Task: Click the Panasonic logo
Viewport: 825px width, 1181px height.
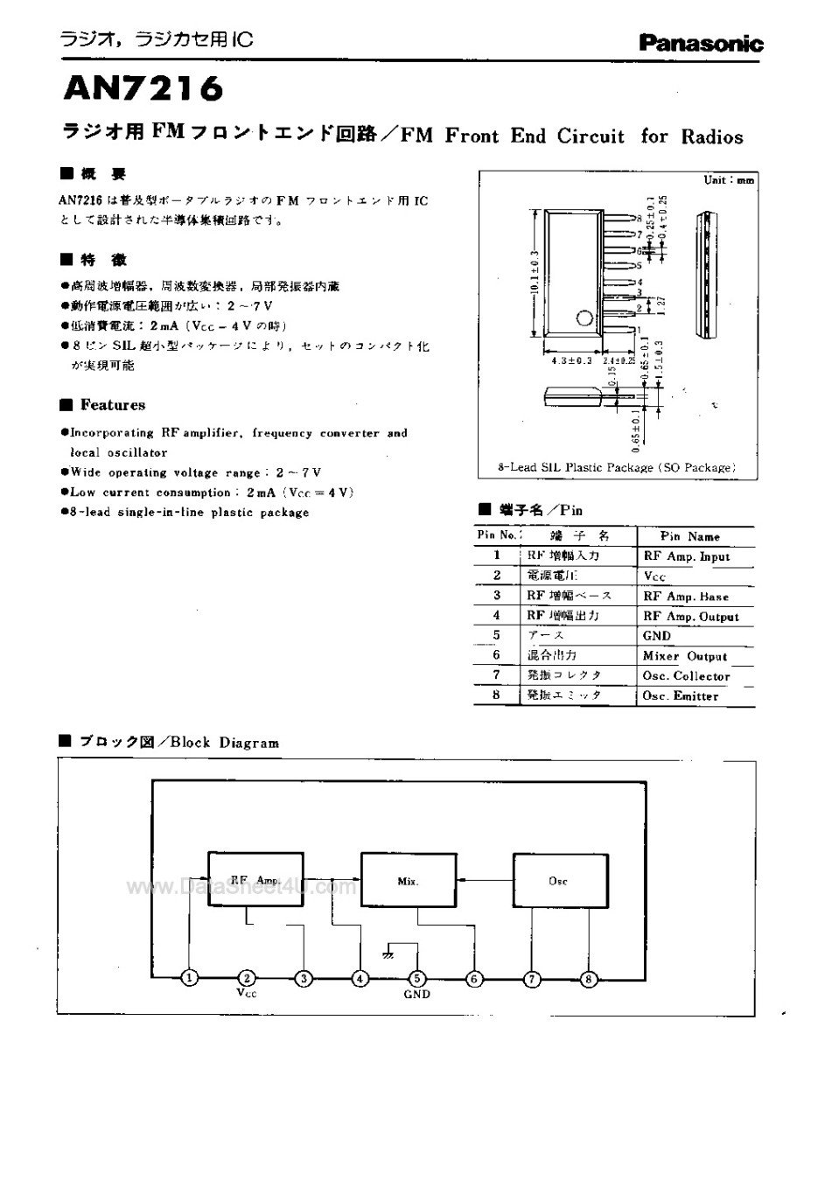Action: point(701,43)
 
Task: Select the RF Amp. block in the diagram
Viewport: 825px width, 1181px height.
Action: point(255,880)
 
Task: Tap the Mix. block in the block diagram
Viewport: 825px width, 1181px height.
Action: point(409,881)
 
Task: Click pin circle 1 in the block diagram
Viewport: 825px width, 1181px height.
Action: point(189,978)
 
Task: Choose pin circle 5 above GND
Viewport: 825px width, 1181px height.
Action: point(417,978)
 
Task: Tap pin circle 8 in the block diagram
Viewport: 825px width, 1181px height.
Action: point(589,978)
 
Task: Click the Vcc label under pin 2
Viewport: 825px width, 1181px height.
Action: point(247,994)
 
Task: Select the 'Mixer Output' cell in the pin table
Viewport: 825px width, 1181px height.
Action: point(685,656)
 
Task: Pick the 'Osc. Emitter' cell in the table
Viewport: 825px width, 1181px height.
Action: point(681,696)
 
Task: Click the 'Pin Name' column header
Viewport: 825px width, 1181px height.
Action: point(690,536)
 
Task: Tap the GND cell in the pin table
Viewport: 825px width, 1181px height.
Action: point(657,636)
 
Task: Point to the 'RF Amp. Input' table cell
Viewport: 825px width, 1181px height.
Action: point(686,556)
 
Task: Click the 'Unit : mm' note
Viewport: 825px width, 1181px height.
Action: point(729,180)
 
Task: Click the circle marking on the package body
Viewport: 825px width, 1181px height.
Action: point(582,319)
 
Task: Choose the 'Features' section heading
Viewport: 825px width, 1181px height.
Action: point(112,405)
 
